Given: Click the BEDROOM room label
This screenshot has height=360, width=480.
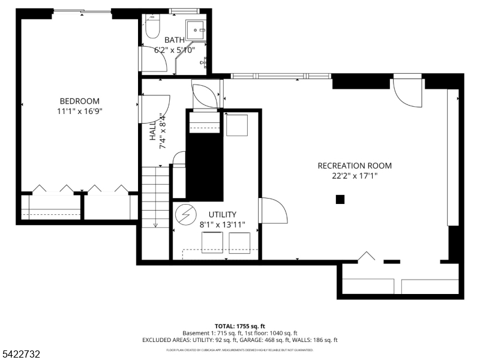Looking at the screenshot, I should click(79, 101).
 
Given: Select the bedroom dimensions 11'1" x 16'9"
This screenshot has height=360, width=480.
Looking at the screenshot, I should click(79, 111).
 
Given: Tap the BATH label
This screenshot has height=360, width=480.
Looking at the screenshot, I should click(175, 40).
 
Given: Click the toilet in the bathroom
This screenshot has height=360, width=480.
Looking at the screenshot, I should click(152, 28).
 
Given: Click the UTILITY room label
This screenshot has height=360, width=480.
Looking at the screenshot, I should click(222, 214).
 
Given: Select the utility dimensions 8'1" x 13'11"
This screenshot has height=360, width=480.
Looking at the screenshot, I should click(222, 224).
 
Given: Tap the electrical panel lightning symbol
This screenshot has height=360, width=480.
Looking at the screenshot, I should click(184, 214).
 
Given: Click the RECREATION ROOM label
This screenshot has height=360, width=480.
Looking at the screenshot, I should click(355, 166).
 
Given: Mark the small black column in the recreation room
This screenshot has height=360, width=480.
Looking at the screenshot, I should click(340, 200).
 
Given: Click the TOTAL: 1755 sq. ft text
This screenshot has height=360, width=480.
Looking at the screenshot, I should click(239, 326).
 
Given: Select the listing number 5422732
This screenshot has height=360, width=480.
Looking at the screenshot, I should click(20, 355).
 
